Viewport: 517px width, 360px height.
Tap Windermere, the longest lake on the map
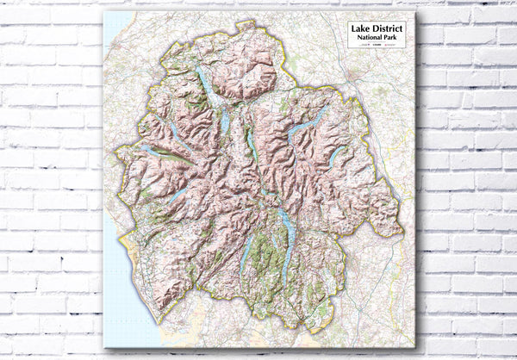(288, 241)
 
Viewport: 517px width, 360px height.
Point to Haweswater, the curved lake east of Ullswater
(337, 156)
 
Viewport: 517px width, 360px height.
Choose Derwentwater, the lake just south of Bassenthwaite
(224, 121)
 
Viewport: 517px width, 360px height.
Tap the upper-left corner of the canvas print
(103, 12)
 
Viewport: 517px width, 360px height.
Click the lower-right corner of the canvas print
(414, 348)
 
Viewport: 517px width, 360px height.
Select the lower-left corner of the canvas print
(103, 348)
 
